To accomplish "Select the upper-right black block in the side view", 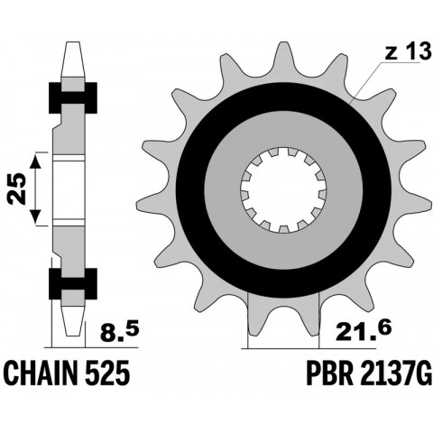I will [x=90, y=93].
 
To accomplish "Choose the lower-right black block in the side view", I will [x=90, y=284].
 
